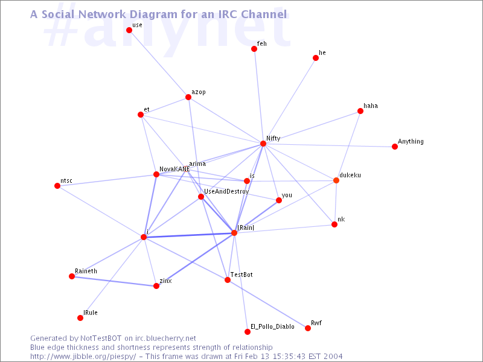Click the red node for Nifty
(x=263, y=144)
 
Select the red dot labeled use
(x=129, y=30)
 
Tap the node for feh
(x=254, y=49)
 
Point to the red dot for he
(x=316, y=58)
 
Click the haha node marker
(x=360, y=111)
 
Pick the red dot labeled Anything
(x=395, y=147)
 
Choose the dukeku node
(x=336, y=180)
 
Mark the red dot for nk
(x=334, y=224)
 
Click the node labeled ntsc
(x=57, y=186)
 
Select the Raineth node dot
(x=72, y=276)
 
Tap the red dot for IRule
(x=80, y=318)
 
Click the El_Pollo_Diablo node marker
(x=248, y=332)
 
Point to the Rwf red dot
(x=308, y=328)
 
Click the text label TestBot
(x=241, y=275)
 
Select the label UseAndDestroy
(x=226, y=191)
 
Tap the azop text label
(x=199, y=92)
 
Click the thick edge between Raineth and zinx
(x=114, y=281)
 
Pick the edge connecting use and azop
(x=159, y=64)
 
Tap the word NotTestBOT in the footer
(x=101, y=338)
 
